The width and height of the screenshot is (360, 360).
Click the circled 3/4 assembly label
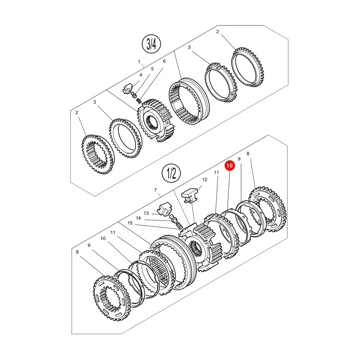(151, 44)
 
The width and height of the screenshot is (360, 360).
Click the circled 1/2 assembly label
(171, 173)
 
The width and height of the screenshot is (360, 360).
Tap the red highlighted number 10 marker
(230, 166)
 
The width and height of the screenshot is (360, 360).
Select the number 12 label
(204, 180)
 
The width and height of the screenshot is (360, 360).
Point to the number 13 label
(146, 213)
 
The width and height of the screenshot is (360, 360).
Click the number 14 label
(138, 218)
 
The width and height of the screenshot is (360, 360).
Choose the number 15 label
(130, 223)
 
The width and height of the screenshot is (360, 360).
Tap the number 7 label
(156, 190)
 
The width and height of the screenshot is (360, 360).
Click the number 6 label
(164, 61)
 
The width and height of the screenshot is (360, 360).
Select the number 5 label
(152, 69)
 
